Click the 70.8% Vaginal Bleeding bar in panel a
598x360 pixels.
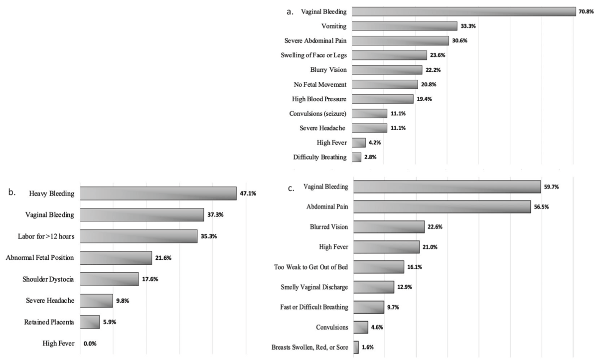point(463,11)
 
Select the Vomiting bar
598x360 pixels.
point(404,26)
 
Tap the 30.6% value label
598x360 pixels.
point(460,40)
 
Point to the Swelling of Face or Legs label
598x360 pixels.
point(313,55)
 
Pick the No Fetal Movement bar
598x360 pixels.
point(385,84)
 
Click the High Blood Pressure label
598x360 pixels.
point(319,99)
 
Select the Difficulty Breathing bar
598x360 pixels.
point(356,157)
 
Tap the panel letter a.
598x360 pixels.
point(290,12)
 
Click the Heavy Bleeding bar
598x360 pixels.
point(158,193)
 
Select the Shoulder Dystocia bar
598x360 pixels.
point(109,279)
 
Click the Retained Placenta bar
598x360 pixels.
point(90,322)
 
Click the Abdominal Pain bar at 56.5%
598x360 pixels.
point(442,206)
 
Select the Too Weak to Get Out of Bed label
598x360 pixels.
point(311,267)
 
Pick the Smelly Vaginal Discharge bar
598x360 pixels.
point(373,287)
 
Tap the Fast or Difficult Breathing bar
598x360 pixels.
point(368,307)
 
